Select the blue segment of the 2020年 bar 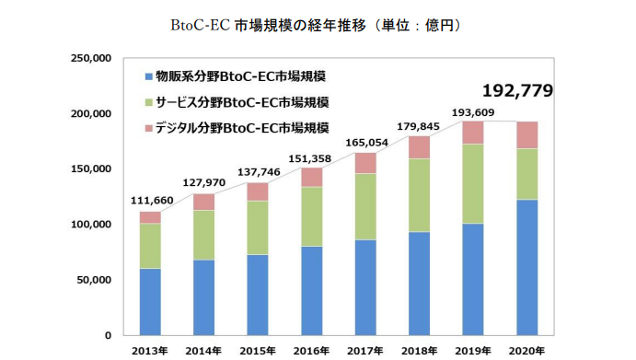click(526, 267)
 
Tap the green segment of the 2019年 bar click(472, 184)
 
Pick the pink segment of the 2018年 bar click(420, 147)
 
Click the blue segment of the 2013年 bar click(150, 301)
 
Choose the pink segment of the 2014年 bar click(203, 202)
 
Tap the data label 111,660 click(151, 201)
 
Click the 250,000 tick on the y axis click(91, 58)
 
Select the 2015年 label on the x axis click(258, 350)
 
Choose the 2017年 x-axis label click(365, 350)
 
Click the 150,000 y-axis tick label click(91, 169)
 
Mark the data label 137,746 click(258, 172)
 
